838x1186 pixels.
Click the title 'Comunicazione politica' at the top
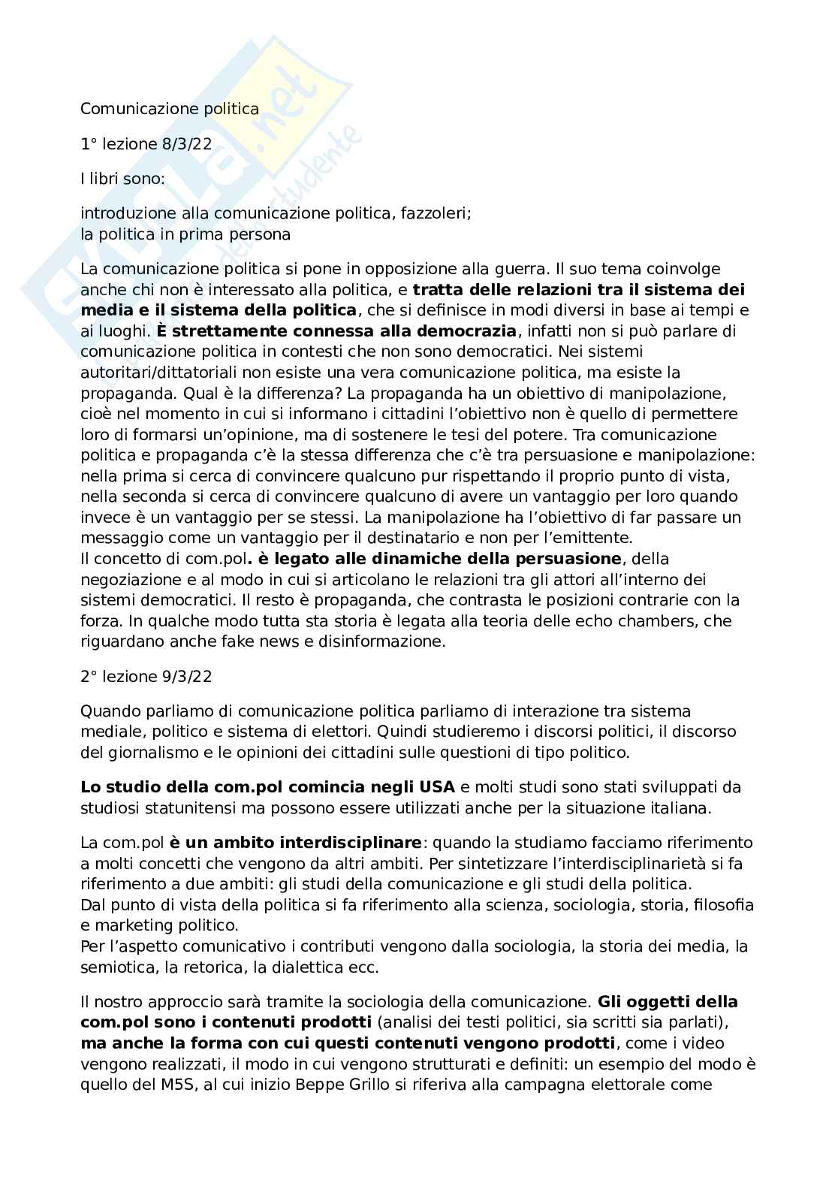tap(170, 109)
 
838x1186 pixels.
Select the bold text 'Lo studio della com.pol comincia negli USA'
tap(267, 787)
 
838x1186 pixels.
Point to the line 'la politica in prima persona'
tap(185, 234)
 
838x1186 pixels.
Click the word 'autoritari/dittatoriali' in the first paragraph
tap(152, 373)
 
